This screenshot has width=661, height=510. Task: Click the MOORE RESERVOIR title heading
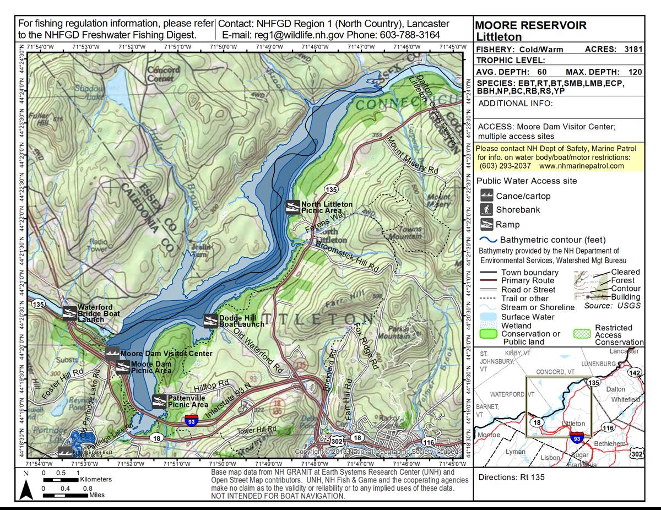click(530, 25)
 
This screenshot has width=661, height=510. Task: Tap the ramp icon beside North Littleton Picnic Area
click(292, 207)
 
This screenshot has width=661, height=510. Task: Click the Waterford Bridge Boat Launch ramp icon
click(69, 313)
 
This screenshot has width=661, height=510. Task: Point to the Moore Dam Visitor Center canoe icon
click(112, 354)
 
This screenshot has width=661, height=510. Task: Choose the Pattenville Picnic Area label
click(188, 401)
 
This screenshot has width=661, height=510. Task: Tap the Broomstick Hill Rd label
click(345, 258)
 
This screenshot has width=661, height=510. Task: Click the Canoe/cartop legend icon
click(486, 196)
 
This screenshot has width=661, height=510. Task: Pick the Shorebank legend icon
click(486, 210)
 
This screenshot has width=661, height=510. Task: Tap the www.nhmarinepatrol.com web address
click(582, 166)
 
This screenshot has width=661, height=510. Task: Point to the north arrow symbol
click(26, 489)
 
